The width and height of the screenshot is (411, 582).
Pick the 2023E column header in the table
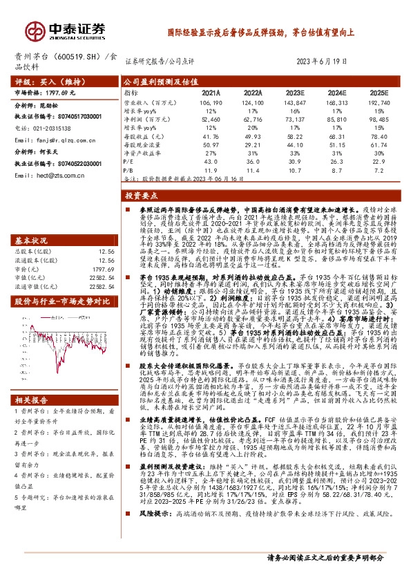295,92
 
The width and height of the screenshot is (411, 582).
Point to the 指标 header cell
131,92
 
